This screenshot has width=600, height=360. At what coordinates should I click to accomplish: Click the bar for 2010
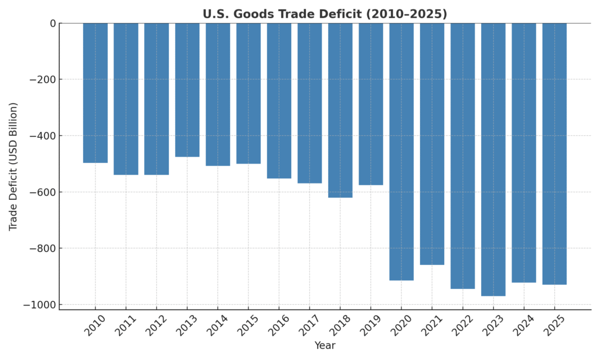pyautogui.click(x=96, y=93)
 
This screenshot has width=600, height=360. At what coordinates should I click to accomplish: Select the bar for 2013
pyautogui.click(x=187, y=90)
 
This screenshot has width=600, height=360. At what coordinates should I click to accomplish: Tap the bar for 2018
pyautogui.click(x=340, y=110)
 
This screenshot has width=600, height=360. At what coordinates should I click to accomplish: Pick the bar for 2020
pyautogui.click(x=401, y=151)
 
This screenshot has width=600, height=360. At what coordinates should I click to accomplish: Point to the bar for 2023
pyautogui.click(x=493, y=159)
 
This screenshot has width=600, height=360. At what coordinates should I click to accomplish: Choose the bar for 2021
pyautogui.click(x=432, y=144)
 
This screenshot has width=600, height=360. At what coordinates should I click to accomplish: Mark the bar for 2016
pyautogui.click(x=279, y=100)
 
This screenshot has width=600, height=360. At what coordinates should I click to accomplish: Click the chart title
pyautogui.click(x=325, y=14)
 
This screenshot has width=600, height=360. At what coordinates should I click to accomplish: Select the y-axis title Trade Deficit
pyautogui.click(x=13, y=167)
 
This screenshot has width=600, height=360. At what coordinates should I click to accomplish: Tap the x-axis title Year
pyautogui.click(x=325, y=346)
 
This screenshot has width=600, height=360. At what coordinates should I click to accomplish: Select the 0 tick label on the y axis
pyautogui.click(x=53, y=23)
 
